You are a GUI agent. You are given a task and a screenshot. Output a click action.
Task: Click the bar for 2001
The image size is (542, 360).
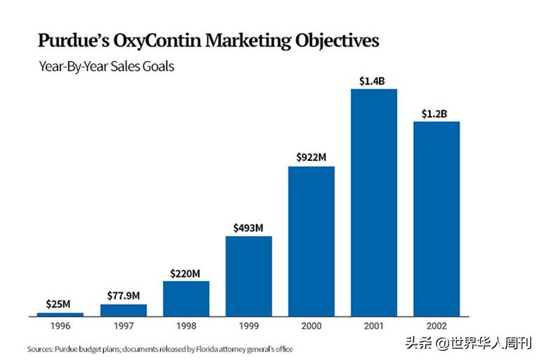click(x=373, y=202)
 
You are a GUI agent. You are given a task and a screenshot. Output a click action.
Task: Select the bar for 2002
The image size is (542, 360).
click(x=436, y=219)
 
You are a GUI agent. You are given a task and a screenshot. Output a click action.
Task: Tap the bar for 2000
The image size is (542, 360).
click(x=311, y=241)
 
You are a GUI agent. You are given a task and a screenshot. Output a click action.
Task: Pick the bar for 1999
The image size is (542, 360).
click(x=248, y=276)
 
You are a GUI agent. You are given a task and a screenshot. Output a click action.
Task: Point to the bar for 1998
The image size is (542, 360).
click(x=186, y=298)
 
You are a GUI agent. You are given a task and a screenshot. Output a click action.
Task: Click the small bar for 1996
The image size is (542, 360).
click(x=60, y=314)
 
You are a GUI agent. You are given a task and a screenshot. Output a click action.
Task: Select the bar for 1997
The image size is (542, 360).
click(x=123, y=309)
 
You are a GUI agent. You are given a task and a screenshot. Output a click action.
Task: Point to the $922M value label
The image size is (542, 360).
click(x=311, y=158)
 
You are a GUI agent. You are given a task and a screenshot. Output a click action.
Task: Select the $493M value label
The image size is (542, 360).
click(x=248, y=228)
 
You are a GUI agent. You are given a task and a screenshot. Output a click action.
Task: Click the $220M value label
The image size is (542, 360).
click(x=186, y=273)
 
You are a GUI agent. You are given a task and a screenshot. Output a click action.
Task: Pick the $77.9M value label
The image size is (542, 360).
click(x=123, y=295)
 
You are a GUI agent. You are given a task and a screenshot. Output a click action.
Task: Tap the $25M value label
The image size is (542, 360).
click(x=60, y=304)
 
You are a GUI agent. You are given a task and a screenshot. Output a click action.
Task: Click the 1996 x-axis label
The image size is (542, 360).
click(x=60, y=326)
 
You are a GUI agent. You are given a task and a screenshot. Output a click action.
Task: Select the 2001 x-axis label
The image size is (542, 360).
click(x=373, y=326)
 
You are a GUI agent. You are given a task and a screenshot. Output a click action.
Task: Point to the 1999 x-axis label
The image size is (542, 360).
click(x=248, y=326)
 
